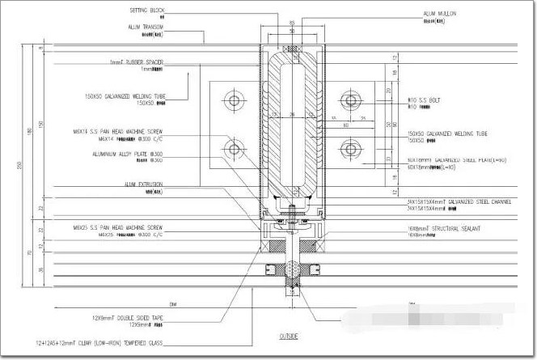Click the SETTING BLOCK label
coord(146,11)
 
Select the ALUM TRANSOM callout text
coord(146,27)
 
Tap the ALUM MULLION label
coord(439,14)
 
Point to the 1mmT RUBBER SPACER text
coord(137,61)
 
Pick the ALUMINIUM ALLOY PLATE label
coord(129,154)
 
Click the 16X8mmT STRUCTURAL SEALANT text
coord(445,229)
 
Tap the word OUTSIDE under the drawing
coord(289,336)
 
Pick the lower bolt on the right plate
coord(350,149)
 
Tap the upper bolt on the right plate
coord(350,100)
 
